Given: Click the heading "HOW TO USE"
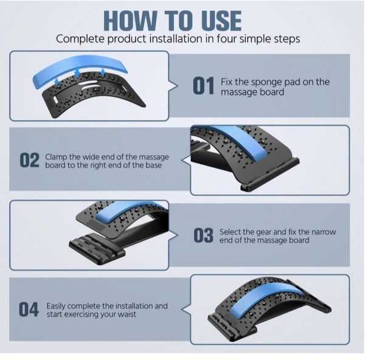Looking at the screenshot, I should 172,20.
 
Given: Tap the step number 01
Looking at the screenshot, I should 203,86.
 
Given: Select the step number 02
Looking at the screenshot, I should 30,161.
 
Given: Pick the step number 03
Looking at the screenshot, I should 203,236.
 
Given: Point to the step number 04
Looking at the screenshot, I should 29,310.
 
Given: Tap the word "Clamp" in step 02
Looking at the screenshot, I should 57,156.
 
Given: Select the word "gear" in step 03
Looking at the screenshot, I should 269,232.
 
